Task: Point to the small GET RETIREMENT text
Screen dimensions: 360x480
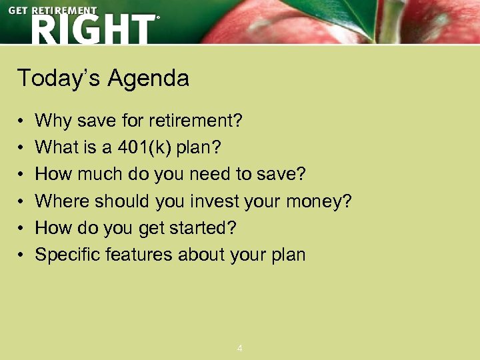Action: [x=52, y=10]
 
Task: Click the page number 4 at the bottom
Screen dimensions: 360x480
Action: [x=240, y=348]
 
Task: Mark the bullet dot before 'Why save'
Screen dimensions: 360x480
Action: [x=21, y=122]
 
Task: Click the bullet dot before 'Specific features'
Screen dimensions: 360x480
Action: [x=21, y=255]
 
